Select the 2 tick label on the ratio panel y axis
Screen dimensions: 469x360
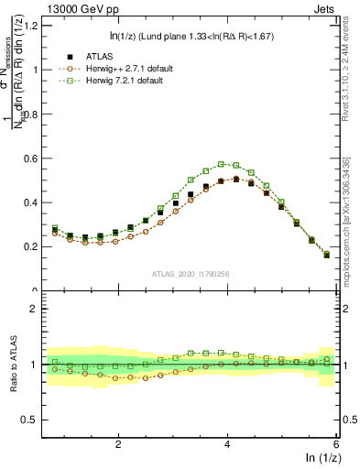coord(38,309)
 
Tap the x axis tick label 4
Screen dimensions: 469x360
coord(226,443)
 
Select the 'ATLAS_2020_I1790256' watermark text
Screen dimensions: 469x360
coord(191,273)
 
